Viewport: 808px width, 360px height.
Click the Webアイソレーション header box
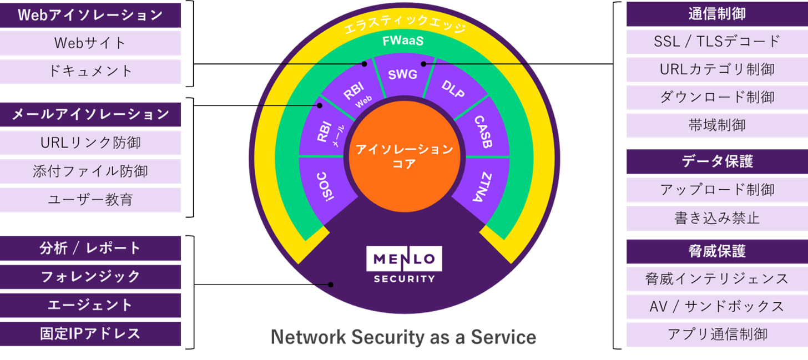(x=90, y=15)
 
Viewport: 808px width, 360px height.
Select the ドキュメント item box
(x=90, y=71)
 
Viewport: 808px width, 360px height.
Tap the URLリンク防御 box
(x=90, y=143)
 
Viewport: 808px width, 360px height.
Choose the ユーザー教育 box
(x=90, y=200)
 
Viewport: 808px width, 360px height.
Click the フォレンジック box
(x=90, y=276)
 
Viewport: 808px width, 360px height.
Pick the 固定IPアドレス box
(x=90, y=333)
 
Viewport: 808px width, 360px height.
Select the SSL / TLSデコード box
(x=717, y=41)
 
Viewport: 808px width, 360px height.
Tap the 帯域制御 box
(x=717, y=125)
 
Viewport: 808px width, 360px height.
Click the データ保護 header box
(x=717, y=161)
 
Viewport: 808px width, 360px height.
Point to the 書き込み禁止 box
(x=717, y=218)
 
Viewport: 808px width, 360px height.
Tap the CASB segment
(x=483, y=132)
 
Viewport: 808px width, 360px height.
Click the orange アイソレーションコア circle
(x=404, y=156)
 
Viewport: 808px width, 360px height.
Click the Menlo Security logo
(x=404, y=265)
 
